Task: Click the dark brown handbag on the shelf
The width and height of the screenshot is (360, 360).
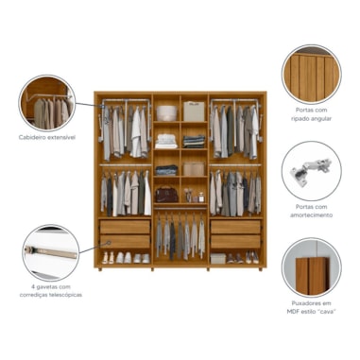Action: pyautogui.click(x=166, y=196)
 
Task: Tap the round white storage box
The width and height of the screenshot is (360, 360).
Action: pyautogui.click(x=167, y=113)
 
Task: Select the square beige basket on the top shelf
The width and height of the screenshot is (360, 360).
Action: pyautogui.click(x=194, y=111)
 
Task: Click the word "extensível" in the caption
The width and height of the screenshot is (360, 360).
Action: pyautogui.click(x=60, y=138)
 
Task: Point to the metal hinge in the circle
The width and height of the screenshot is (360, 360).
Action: pyautogui.click(x=311, y=171)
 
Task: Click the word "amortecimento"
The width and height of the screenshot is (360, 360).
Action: pyautogui.click(x=311, y=215)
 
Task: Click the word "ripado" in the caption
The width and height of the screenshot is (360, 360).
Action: pyautogui.click(x=300, y=119)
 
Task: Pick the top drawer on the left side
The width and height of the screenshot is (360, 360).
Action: pyautogui.click(x=125, y=227)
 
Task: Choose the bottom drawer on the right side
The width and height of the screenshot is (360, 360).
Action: pyautogui.click(x=235, y=242)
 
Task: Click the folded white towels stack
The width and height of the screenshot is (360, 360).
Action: pyautogui.click(x=166, y=142)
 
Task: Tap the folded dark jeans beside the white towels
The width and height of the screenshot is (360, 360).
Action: pyautogui.click(x=194, y=142)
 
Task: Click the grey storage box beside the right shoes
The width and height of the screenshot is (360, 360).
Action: pyautogui.click(x=218, y=259)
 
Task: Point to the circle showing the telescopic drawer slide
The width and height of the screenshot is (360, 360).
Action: pyautogui.click(x=51, y=252)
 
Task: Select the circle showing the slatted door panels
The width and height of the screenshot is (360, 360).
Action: pyautogui.click(x=311, y=75)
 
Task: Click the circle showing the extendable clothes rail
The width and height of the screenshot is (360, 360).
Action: pyautogui.click(x=47, y=103)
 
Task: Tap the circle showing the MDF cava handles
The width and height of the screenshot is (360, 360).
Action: pyautogui.click(x=311, y=267)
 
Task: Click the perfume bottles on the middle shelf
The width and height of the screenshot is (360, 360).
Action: pyautogui.click(x=195, y=197)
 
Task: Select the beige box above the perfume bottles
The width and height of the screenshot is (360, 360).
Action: pyautogui.click(x=194, y=169)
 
